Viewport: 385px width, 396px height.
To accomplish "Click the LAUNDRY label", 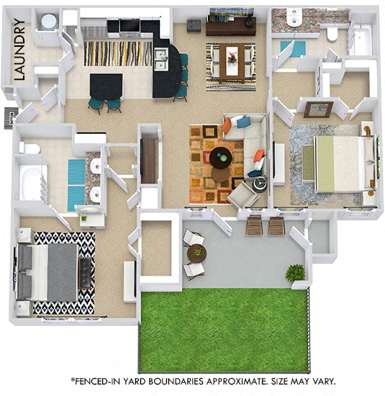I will [20, 49].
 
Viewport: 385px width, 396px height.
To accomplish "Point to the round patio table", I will [196, 253].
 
